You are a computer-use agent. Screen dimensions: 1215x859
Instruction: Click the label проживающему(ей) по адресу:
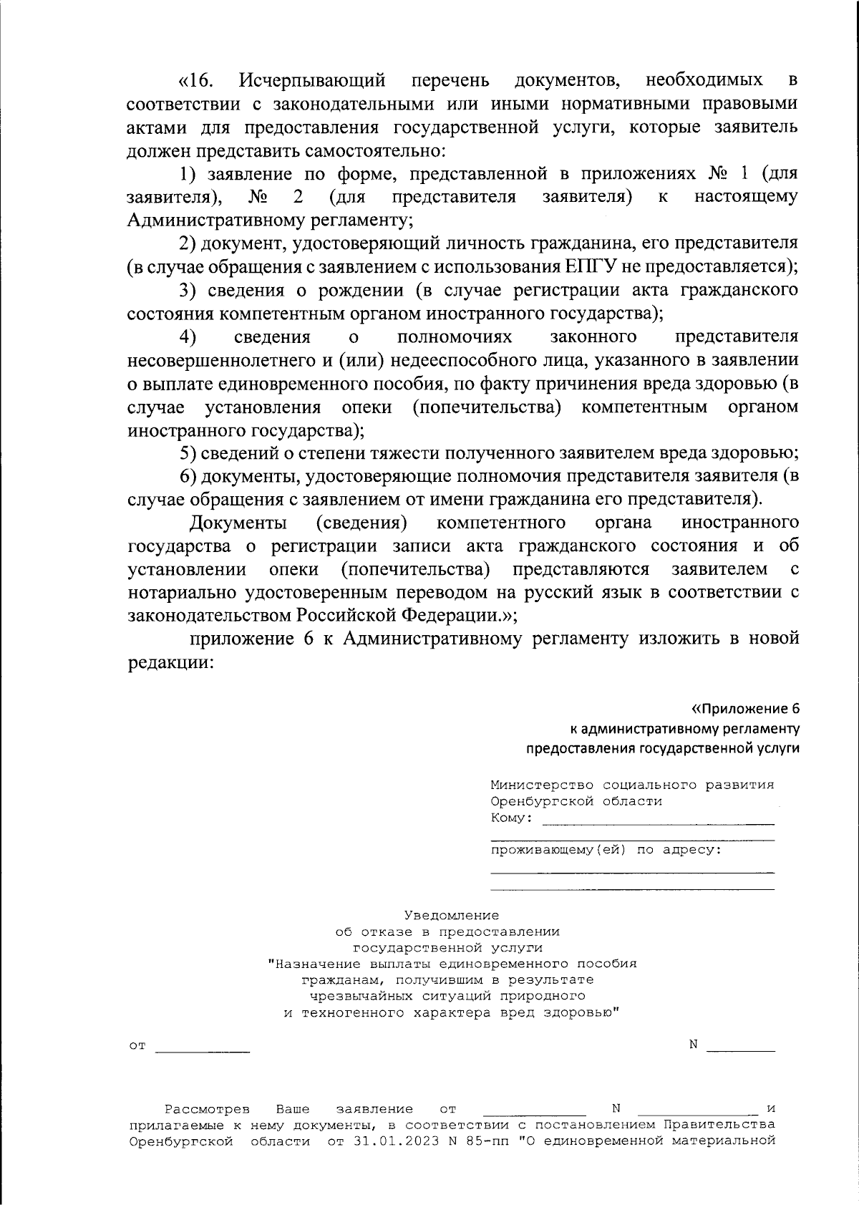tap(606, 850)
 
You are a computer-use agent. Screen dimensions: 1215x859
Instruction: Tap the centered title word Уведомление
tap(451, 915)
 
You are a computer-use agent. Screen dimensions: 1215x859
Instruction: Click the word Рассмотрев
tap(208, 1110)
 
